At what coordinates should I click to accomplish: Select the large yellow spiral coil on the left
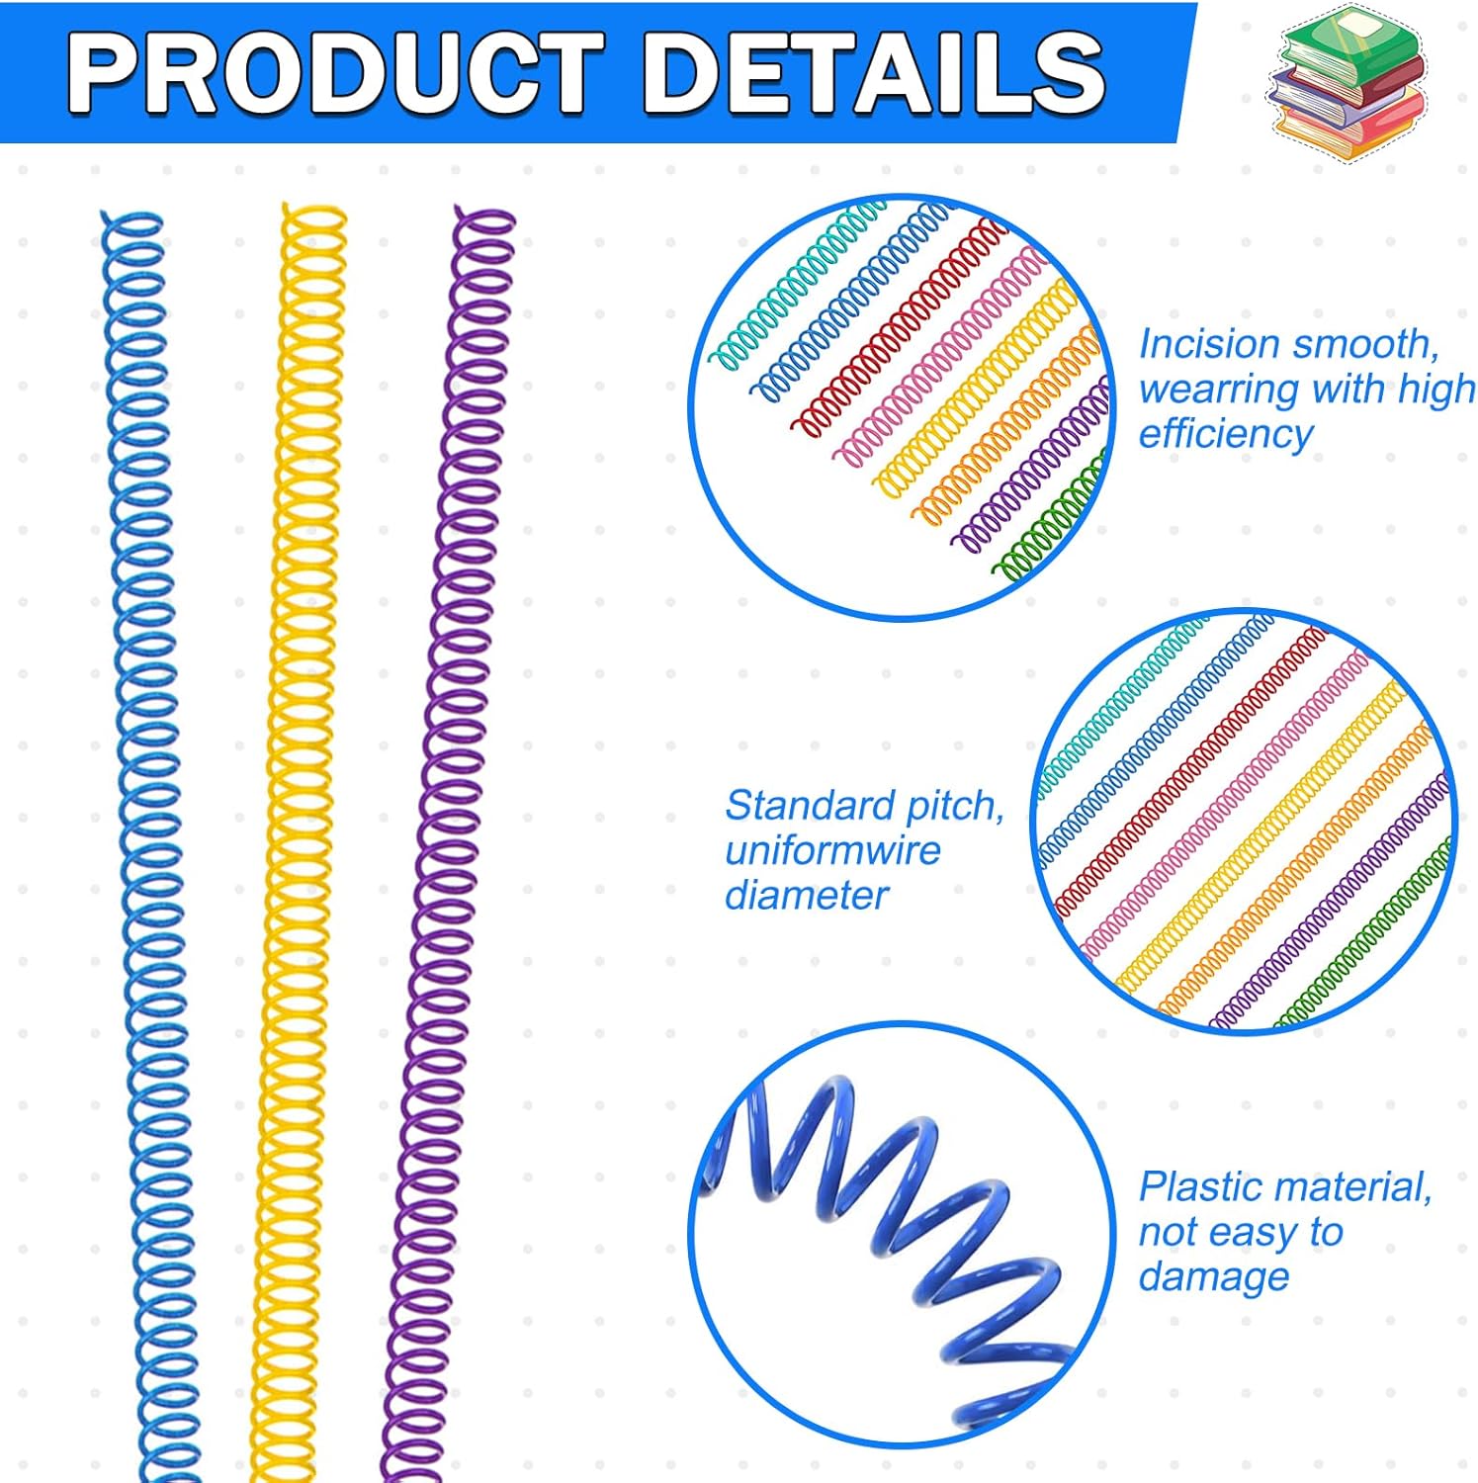[x=297, y=840]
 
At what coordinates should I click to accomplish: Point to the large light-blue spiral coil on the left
[x=148, y=840]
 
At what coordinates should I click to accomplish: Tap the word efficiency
[x=1226, y=433]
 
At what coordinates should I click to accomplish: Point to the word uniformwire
[x=832, y=850]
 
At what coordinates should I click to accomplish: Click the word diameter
[x=807, y=896]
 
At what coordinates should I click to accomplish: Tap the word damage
[x=1214, y=1276]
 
